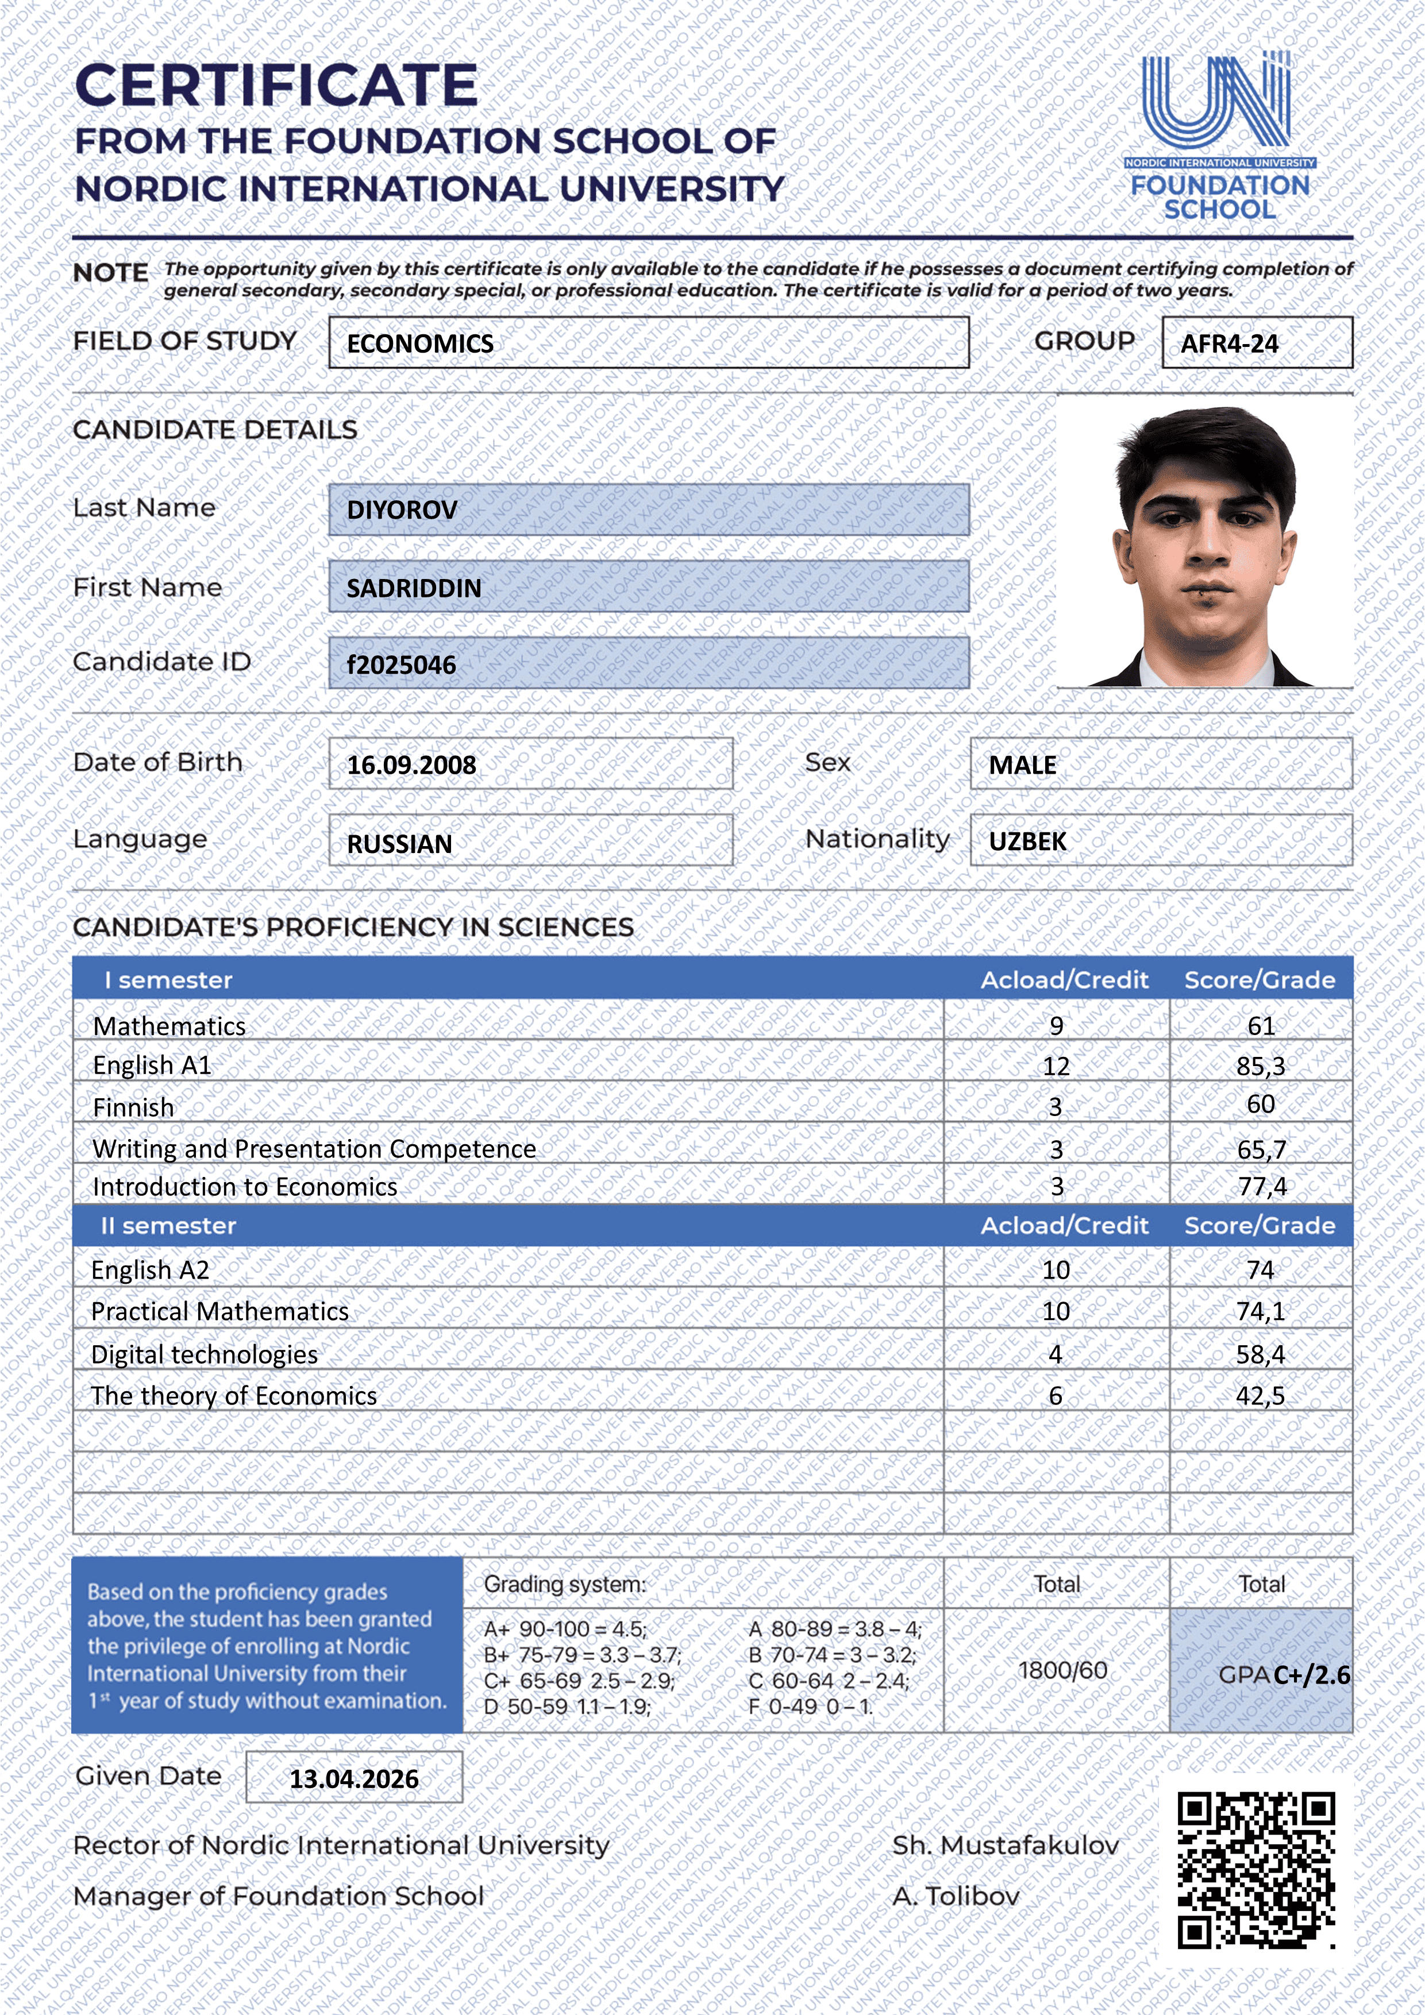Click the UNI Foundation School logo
click(1219, 136)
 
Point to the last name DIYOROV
click(402, 510)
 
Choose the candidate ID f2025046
click(401, 665)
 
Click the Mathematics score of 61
click(1261, 1026)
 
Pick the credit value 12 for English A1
click(1056, 1066)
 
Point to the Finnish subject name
click(133, 1107)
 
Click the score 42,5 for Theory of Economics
click(1260, 1395)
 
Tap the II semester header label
click(168, 1226)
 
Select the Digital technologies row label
click(205, 1354)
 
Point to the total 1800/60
click(1062, 1670)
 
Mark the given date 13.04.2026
click(354, 1779)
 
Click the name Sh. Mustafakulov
click(1006, 1846)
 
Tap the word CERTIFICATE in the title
click(276, 86)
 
